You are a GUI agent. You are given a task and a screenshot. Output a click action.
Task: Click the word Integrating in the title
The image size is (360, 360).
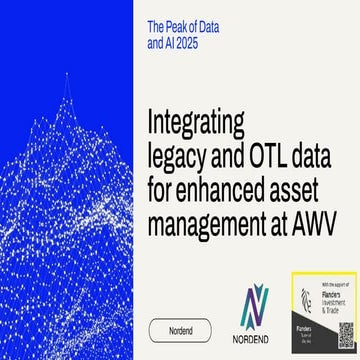tap(196, 123)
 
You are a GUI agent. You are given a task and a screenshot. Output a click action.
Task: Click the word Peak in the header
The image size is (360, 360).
tap(189, 25)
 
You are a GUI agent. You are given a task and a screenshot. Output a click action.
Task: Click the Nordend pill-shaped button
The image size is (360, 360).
tap(180, 330)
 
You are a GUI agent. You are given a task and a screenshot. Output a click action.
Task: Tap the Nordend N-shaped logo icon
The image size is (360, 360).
tap(255, 306)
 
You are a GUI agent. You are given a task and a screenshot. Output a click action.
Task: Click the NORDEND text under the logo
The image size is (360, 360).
tap(255, 339)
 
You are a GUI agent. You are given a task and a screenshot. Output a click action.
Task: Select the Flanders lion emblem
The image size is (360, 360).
tap(307, 298)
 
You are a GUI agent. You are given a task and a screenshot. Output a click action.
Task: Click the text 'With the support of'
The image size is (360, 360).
tap(333, 283)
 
